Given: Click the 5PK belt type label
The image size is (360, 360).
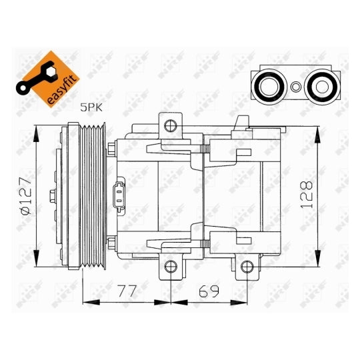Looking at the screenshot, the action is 91,107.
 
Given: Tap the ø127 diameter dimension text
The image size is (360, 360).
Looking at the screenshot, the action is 26,195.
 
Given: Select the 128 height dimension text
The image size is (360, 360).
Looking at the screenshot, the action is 307,195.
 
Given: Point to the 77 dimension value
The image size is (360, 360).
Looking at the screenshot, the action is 127,291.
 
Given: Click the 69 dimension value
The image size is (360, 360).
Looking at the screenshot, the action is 209,291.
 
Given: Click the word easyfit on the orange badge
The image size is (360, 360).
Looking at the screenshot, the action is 61,90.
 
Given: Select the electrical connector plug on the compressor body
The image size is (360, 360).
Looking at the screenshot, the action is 119,195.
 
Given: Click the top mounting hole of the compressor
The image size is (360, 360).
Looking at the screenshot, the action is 171,125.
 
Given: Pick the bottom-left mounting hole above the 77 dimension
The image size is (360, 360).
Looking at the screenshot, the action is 171,267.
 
